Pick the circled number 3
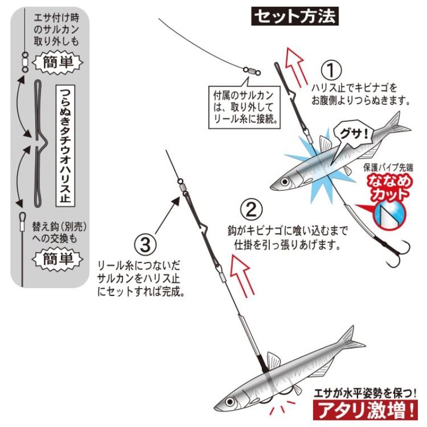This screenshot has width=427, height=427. click(x=145, y=244)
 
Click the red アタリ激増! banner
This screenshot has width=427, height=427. click(x=365, y=409)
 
